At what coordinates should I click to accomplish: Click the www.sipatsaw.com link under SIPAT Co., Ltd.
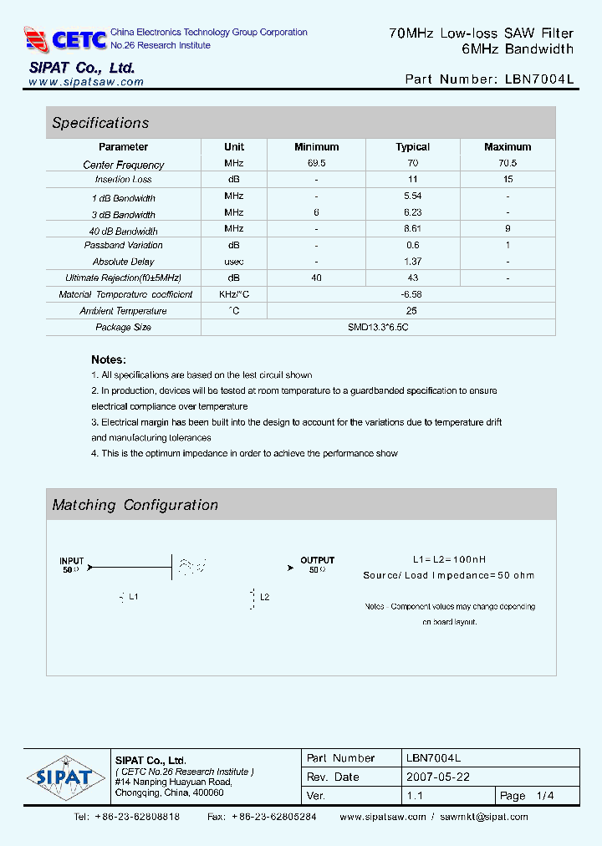tap(86, 82)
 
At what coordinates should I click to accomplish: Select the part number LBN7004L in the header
tap(539, 80)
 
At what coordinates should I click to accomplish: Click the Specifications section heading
tap(100, 123)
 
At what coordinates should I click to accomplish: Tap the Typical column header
tap(412, 147)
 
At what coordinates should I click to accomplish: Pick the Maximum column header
tap(508, 147)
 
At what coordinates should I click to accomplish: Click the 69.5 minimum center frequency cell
tap(316, 163)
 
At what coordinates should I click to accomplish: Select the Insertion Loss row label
tap(124, 180)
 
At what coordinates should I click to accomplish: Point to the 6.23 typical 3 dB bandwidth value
tap(412, 213)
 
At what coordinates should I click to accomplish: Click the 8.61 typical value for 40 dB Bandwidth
tap(412, 228)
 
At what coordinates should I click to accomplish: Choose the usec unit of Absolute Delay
tap(234, 262)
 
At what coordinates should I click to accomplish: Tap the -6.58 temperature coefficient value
tap(412, 294)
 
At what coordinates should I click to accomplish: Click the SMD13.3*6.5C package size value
tap(379, 327)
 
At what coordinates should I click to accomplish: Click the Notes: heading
tap(109, 359)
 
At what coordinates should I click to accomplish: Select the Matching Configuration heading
tap(135, 505)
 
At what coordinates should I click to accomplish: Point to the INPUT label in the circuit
tap(72, 560)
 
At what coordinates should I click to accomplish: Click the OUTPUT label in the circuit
tap(317, 560)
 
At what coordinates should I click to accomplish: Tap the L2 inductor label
tap(265, 597)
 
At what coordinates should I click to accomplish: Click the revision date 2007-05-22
tap(437, 777)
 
